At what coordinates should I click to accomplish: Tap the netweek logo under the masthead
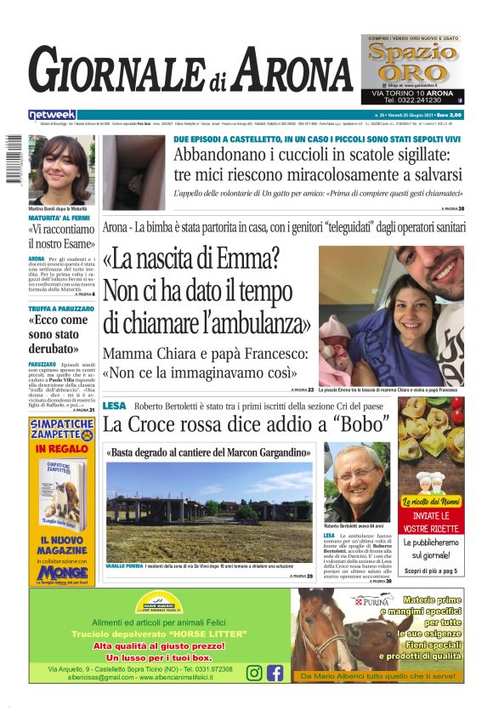[52, 115]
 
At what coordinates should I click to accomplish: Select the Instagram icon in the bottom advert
[254, 673]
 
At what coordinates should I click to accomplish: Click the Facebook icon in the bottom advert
[275, 673]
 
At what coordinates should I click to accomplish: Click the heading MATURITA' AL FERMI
[58, 219]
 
